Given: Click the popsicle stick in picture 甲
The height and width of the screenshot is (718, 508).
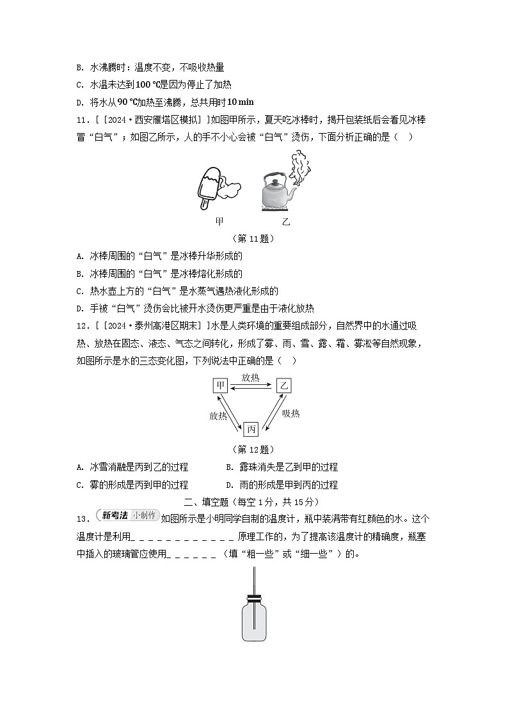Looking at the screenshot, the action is (x=205, y=203).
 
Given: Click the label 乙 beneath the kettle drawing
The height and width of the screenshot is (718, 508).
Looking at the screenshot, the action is (x=286, y=222).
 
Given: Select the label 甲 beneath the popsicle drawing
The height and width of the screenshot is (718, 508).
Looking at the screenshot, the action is (x=219, y=222).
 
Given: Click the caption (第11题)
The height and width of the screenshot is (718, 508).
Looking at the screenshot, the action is (x=253, y=238).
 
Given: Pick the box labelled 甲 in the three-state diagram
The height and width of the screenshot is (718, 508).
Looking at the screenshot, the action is (x=220, y=386).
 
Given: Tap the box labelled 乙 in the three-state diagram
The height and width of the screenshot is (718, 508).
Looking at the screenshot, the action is (x=283, y=386).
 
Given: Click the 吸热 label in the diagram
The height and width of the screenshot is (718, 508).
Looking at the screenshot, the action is (x=290, y=414).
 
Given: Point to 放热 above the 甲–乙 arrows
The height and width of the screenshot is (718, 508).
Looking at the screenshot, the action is (x=251, y=378).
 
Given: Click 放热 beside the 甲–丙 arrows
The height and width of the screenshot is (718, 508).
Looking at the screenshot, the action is (x=218, y=416).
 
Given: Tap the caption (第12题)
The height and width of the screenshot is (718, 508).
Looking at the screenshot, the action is (x=253, y=449).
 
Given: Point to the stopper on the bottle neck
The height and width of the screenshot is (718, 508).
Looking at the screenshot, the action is (x=254, y=600).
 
